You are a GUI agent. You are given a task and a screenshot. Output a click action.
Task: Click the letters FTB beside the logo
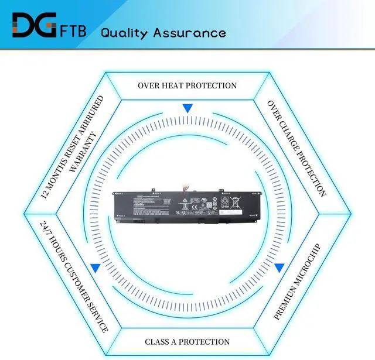coord(74,30)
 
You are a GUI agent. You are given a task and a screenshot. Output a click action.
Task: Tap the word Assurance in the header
coord(189,32)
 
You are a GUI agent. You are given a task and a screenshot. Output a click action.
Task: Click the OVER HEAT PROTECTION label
coord(187,85)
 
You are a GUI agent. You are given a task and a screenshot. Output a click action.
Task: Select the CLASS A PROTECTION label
coord(187,342)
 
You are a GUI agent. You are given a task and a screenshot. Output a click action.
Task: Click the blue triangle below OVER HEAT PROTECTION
coord(187,108)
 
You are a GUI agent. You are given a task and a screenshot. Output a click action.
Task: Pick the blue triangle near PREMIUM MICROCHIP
coord(280,268)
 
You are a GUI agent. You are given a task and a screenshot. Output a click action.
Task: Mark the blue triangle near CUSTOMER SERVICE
coord(94,268)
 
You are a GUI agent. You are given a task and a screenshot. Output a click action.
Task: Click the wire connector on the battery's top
coord(186,187)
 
